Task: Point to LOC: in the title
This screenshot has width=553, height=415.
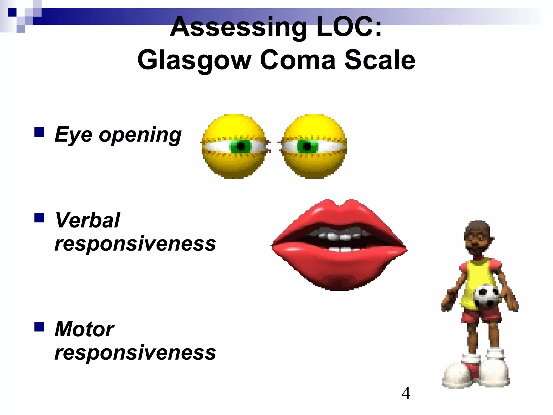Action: [x=349, y=27]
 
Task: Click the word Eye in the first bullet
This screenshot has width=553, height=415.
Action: [x=73, y=135]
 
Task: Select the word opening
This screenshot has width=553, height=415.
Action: [x=140, y=135]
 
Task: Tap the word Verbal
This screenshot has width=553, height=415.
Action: [x=87, y=220]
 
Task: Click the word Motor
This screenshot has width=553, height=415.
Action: [x=84, y=329]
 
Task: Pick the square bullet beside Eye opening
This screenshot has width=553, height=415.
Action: [x=39, y=132]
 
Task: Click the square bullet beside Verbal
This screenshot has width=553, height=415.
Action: [x=39, y=217]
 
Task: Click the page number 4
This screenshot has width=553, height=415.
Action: [x=406, y=393]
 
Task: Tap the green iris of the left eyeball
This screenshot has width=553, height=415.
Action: [x=241, y=146]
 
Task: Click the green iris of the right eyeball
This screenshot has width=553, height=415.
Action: [x=307, y=146]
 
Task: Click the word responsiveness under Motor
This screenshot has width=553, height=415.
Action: [x=135, y=353]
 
